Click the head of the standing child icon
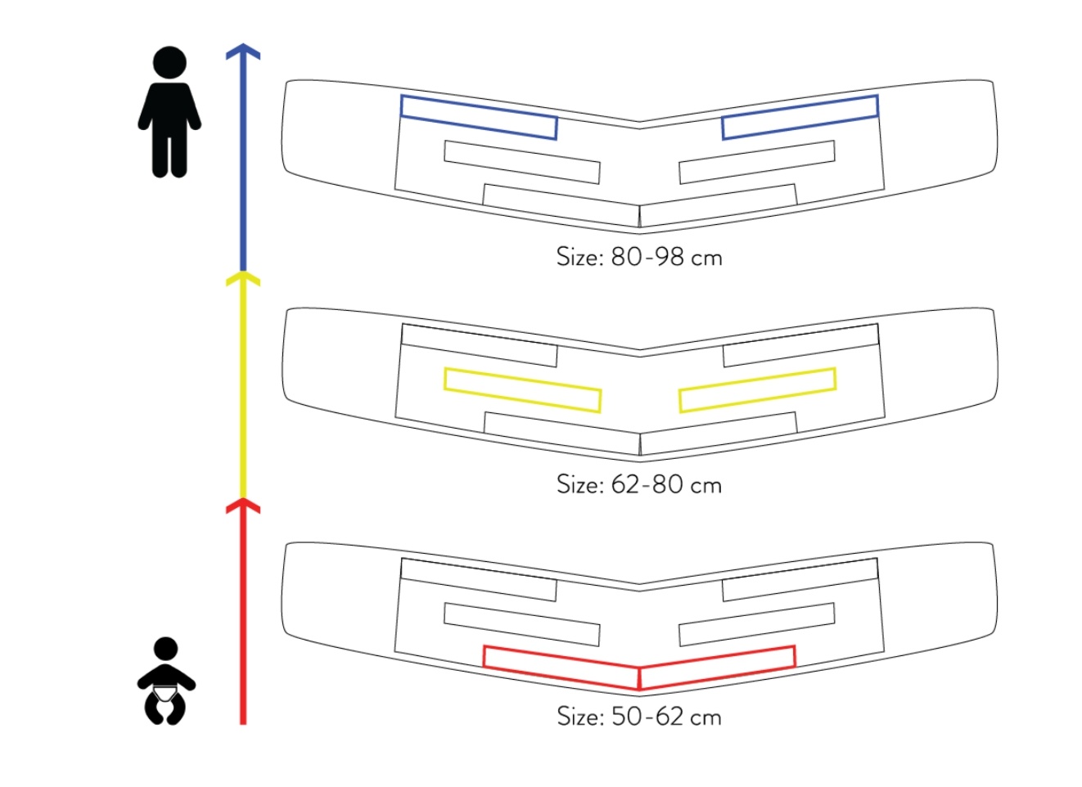169,63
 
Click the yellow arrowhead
243,279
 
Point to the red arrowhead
243,506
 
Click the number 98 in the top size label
670,256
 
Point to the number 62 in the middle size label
626,484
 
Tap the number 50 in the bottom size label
627,717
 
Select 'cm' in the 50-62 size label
706,718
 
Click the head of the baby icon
165,650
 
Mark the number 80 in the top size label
626,256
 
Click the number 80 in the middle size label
667,484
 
